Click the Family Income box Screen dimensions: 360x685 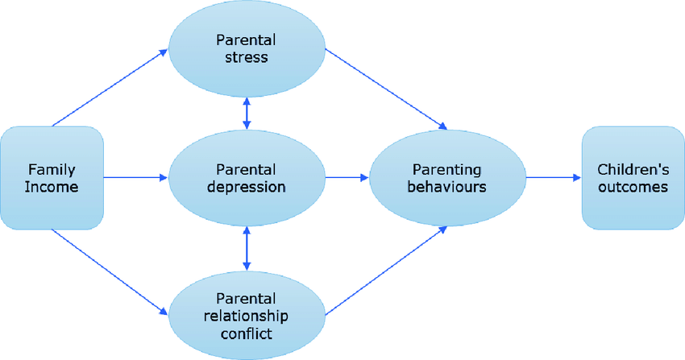[52, 178]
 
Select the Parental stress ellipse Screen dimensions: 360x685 [247, 48]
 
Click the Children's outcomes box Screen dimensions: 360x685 [633, 178]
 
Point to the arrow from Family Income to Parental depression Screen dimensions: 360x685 [135, 178]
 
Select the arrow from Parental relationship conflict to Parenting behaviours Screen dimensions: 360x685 [385, 270]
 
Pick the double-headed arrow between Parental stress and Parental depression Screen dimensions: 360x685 [247, 113]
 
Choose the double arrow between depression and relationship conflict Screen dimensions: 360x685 [247, 247]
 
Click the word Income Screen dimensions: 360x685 [52, 188]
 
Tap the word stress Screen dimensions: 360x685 [247, 58]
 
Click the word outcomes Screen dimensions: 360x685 [633, 187]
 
